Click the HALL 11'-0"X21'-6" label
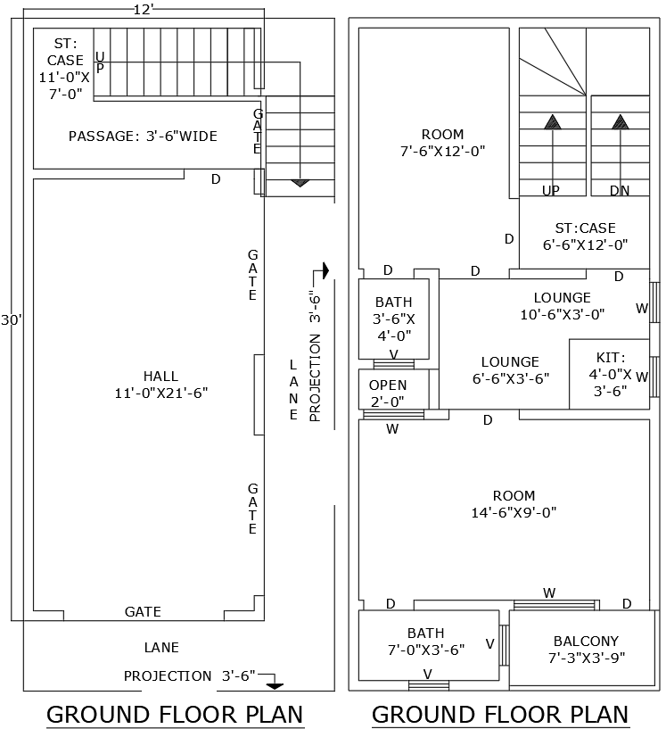pyautogui.click(x=160, y=385)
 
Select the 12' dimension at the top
pyautogui.click(x=144, y=9)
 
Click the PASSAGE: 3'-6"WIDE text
pyautogui.click(x=143, y=137)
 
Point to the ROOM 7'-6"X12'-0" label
pyautogui.click(x=443, y=143)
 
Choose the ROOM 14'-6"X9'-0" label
pyautogui.click(x=514, y=504)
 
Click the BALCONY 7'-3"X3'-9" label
pyautogui.click(x=585, y=650)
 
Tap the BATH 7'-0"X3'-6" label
pyautogui.click(x=426, y=642)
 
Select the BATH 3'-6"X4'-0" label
pyautogui.click(x=393, y=319)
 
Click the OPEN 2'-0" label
pyautogui.click(x=388, y=393)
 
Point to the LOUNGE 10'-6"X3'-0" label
pyautogui.click(x=562, y=306)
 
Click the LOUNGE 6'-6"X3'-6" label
pyautogui.click(x=510, y=369)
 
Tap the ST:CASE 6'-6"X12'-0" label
pyautogui.click(x=585, y=236)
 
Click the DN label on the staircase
pyautogui.click(x=620, y=191)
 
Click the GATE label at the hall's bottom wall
pyautogui.click(x=143, y=612)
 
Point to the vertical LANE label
pyautogui.click(x=293, y=390)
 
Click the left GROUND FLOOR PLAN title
pyautogui.click(x=175, y=715)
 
